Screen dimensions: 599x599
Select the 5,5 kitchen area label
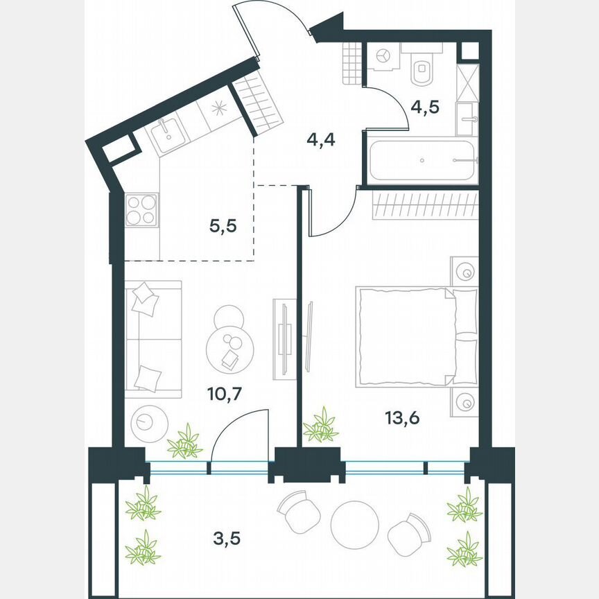point(223,225)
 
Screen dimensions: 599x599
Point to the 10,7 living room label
point(223,394)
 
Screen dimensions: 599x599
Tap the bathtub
point(422,160)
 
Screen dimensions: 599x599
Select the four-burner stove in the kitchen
point(141,209)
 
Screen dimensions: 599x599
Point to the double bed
point(416,336)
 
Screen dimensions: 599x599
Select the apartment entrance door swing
point(273,21)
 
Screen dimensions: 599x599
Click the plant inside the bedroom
point(320,426)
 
